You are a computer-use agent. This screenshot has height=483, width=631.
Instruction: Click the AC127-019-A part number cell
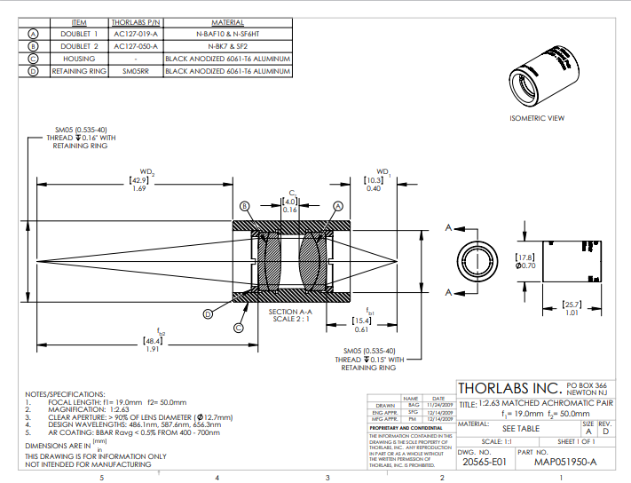(136, 33)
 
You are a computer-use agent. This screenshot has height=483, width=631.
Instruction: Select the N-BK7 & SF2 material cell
(227, 45)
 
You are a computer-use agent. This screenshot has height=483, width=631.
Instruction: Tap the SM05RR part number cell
(136, 70)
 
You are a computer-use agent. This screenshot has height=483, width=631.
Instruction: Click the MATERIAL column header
(227, 20)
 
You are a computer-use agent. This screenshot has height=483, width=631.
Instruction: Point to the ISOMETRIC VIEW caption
(537, 118)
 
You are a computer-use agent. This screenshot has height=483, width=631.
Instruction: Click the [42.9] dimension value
(138, 179)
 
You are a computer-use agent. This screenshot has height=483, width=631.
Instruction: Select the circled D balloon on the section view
(207, 313)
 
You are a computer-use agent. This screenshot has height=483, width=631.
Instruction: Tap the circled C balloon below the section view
(238, 327)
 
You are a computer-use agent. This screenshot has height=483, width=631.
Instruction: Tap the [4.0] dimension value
(289, 202)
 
